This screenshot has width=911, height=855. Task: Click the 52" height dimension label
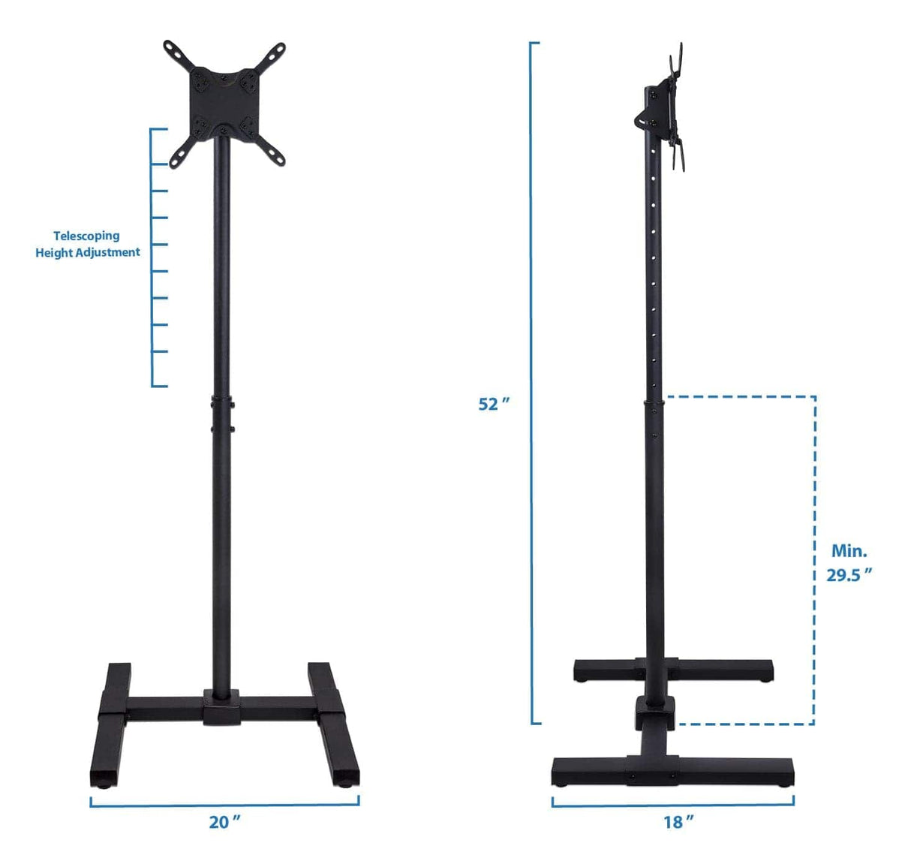493,404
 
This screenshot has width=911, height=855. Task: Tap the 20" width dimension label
224,822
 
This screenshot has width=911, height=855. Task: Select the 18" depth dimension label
678,822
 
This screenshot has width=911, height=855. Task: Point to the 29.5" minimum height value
849,575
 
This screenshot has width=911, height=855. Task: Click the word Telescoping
86,236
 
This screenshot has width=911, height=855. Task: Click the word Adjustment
110,252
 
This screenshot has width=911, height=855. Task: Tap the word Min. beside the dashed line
849,551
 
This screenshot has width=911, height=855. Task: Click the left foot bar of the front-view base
110,721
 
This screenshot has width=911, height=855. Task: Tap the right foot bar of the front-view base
334,721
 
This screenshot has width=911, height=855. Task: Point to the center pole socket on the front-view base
222,706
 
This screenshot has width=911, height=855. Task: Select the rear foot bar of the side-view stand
672,668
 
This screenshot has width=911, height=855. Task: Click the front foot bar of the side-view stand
672,769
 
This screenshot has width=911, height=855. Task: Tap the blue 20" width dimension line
224,804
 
